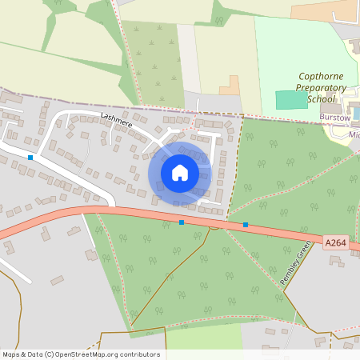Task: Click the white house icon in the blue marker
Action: coord(180,172)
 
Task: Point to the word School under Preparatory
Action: coord(321,98)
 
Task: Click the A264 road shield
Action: coord(337,241)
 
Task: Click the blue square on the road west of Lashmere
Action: coord(30,158)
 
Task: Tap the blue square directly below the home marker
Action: coord(182,222)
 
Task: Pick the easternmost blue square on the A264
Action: coord(245,225)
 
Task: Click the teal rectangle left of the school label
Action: coord(291,99)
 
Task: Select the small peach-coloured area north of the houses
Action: coord(230,85)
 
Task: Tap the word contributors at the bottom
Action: coord(140,354)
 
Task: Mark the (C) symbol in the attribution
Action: coord(50,354)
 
